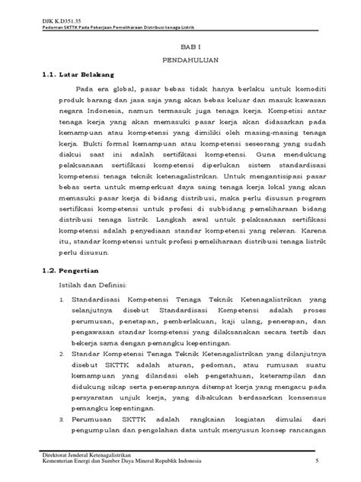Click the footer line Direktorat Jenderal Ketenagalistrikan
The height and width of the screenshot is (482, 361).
click(91, 454)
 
